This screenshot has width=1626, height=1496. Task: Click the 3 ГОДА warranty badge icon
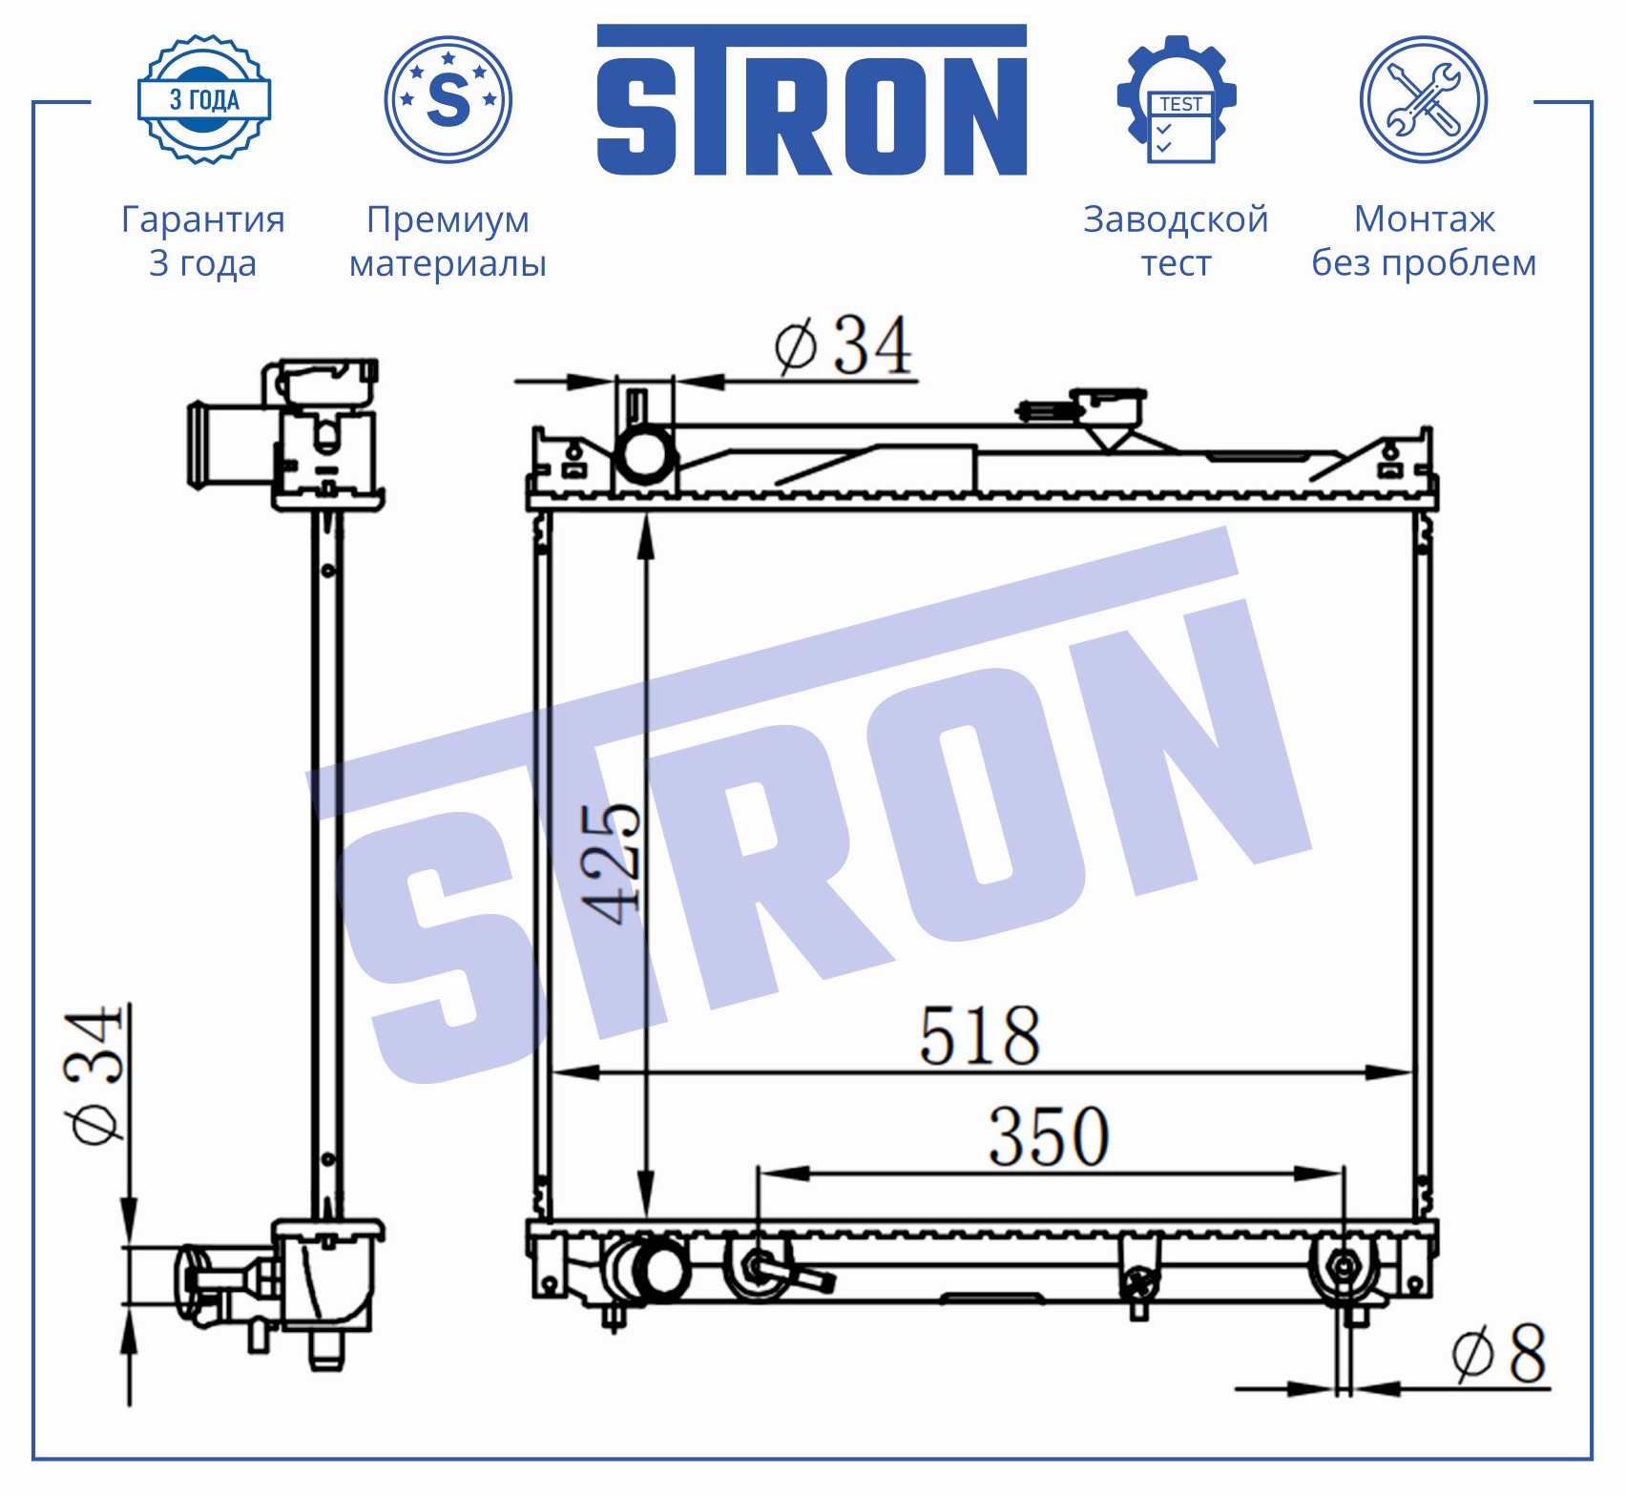coord(204,99)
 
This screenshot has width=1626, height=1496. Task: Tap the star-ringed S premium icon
coord(448,99)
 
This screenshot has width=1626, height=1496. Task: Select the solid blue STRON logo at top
coord(812,100)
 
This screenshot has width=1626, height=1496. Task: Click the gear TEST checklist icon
coord(1177,99)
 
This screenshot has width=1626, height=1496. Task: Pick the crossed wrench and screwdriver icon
coord(1423,99)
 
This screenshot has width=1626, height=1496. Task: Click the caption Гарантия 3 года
coord(203,241)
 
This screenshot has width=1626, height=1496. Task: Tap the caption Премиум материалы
coord(448,241)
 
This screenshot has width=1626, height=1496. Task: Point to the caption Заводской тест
coord(1176,241)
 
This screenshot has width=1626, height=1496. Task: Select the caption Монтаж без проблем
coord(1424,241)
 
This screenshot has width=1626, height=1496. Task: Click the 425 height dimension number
coord(611,864)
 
